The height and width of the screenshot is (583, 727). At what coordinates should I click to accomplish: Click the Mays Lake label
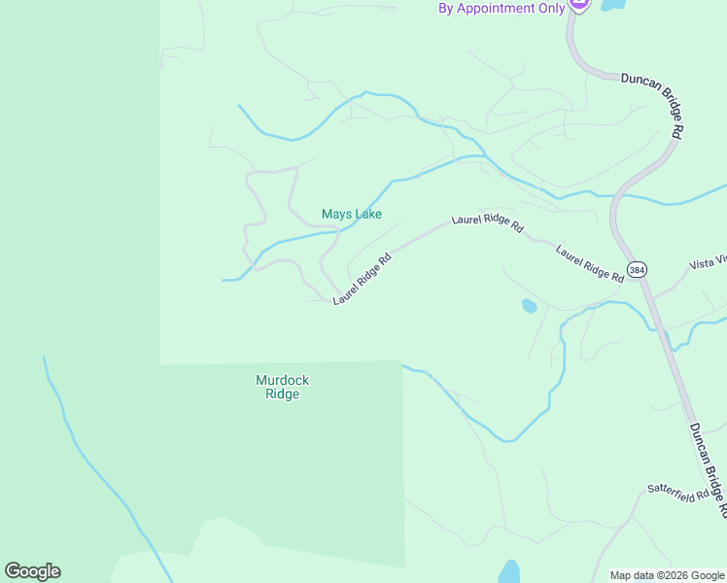point(352,214)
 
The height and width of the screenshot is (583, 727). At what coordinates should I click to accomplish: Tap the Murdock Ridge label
point(282,387)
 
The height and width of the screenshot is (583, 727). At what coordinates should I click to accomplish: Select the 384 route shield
point(637,269)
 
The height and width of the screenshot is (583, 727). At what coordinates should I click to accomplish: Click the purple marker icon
point(579,5)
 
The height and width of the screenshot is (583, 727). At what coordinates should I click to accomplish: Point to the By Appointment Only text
point(502,8)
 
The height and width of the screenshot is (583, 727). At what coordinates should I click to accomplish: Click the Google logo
point(32,571)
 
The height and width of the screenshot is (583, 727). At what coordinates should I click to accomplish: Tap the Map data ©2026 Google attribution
point(666,575)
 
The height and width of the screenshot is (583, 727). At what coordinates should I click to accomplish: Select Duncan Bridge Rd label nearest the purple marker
point(655,102)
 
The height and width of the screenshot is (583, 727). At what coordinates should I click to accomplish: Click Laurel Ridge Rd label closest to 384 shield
point(590,263)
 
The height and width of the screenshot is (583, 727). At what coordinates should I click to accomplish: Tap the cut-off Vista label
point(708,263)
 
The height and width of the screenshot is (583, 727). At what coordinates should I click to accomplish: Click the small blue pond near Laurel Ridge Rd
point(529,306)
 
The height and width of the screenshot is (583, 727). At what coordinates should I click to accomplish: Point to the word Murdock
point(282,380)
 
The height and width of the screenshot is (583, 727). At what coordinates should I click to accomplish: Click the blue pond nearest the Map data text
point(509,571)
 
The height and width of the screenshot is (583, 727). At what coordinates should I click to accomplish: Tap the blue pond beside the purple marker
point(612,5)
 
